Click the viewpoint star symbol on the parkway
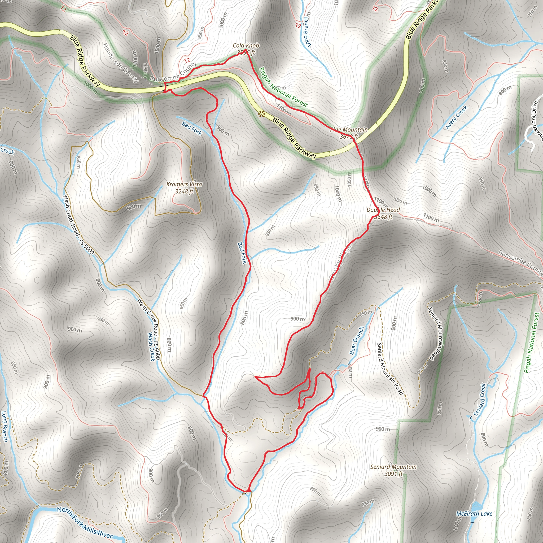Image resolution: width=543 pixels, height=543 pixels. pyautogui.click(x=262, y=114)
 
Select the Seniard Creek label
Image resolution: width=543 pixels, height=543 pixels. pyautogui.click(x=479, y=400)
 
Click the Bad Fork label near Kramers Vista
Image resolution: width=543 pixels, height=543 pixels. pyautogui.click(x=192, y=128)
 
